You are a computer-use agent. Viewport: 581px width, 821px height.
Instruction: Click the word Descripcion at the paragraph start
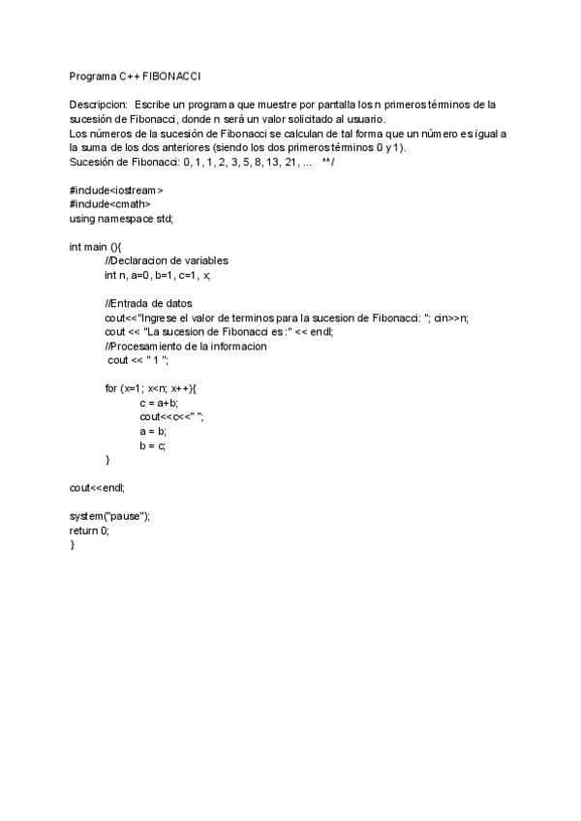[x=98, y=104]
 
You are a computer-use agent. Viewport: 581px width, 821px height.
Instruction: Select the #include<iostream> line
[x=116, y=191]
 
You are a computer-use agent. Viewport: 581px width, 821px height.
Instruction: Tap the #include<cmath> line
[x=110, y=204]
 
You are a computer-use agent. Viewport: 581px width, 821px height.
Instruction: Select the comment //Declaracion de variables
[x=167, y=261]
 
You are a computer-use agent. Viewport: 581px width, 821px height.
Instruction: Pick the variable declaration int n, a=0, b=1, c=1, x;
[x=157, y=275]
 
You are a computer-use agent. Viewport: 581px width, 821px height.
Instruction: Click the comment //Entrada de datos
[x=148, y=304]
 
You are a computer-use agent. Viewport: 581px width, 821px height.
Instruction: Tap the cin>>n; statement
[x=452, y=318]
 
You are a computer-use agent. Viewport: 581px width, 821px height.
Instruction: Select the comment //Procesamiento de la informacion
[x=186, y=346]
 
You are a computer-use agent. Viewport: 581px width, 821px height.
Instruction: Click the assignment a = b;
[x=153, y=431]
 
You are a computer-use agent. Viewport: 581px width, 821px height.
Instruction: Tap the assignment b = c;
[x=153, y=445]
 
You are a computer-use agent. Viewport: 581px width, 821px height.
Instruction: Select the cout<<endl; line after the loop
[x=98, y=488]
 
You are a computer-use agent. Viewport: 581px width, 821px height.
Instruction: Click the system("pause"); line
[x=109, y=517]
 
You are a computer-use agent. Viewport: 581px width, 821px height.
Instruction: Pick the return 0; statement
[x=89, y=531]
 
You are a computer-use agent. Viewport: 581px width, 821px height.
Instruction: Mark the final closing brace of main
[x=72, y=545]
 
